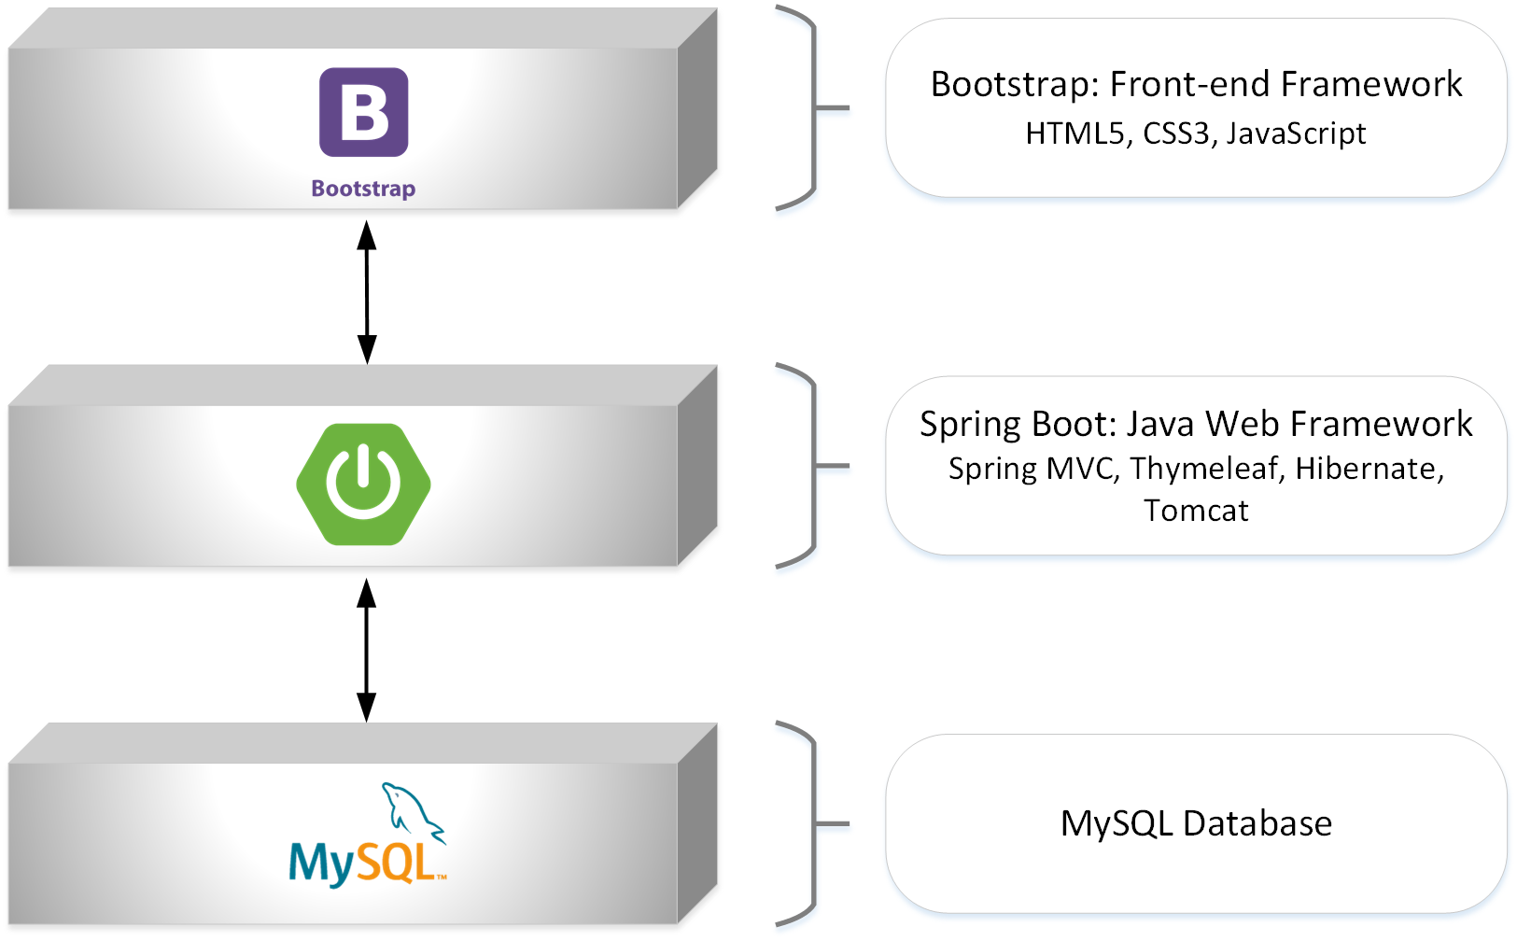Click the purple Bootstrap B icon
(x=363, y=112)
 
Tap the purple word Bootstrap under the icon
(x=363, y=189)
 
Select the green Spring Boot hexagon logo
(x=363, y=484)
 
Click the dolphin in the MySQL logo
(x=412, y=809)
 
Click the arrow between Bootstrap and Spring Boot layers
(x=367, y=291)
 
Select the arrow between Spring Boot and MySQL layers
(x=367, y=649)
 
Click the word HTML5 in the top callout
(x=1074, y=133)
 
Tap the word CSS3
(x=1175, y=133)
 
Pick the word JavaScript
(x=1296, y=133)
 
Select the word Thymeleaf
(x=1203, y=468)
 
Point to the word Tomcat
(x=1196, y=511)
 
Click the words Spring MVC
(x=1032, y=468)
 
